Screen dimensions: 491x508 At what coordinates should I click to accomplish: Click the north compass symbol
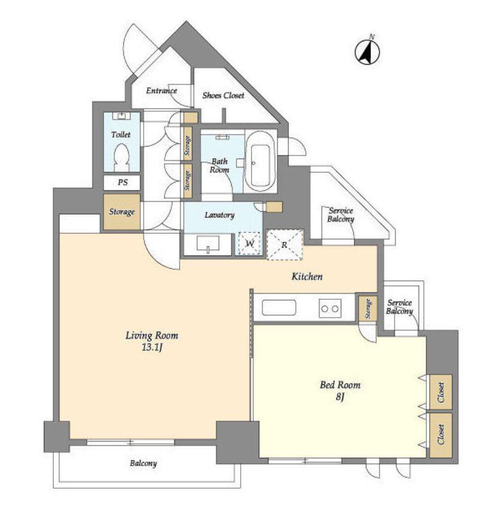point(368,51)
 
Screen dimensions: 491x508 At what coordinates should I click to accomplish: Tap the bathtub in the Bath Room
point(260,161)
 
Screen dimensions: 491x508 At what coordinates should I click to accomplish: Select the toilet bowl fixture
point(122,157)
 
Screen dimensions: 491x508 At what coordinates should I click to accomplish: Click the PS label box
point(122,182)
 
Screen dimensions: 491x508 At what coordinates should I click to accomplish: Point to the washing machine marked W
point(249,244)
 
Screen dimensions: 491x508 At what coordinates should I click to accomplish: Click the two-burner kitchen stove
point(330,308)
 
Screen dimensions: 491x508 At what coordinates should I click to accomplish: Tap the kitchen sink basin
point(279,308)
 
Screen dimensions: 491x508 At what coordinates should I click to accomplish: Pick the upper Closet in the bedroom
point(441,392)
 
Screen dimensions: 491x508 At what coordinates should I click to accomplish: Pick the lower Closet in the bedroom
point(441,435)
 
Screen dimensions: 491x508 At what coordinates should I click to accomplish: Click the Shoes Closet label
point(223,95)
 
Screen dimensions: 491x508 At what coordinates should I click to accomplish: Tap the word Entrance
point(162,90)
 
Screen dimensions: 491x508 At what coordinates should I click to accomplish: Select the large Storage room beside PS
point(122,212)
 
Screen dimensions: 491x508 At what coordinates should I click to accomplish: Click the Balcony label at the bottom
point(143,463)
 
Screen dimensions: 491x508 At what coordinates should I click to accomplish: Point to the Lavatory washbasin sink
point(208,244)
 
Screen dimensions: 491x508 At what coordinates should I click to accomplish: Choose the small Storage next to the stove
point(368,308)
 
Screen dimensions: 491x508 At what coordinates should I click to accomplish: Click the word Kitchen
point(307,276)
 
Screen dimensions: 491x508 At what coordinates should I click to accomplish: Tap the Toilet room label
point(120,135)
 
